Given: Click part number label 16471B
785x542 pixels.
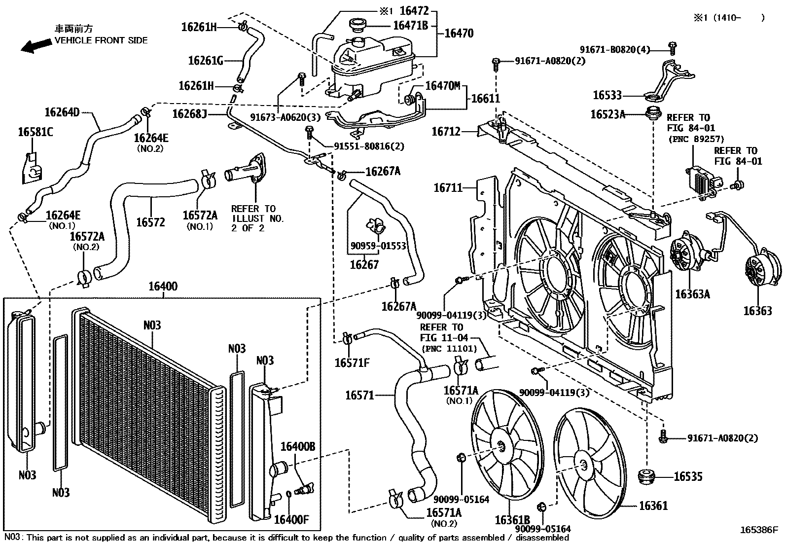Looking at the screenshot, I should (410, 25).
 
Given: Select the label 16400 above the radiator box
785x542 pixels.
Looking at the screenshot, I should (163, 287).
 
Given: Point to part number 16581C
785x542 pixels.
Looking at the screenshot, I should (36, 132).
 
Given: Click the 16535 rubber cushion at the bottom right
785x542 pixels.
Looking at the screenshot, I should (646, 477).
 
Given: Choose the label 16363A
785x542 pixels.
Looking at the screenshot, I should (692, 294).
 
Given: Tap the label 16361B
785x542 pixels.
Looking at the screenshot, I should (512, 520).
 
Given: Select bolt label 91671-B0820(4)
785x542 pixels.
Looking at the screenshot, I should (615, 49).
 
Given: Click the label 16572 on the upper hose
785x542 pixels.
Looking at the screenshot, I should (150, 222).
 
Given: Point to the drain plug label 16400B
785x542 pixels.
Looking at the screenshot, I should (298, 447).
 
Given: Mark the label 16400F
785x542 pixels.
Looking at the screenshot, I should (291, 520).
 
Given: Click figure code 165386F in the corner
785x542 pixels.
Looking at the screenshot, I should (758, 530).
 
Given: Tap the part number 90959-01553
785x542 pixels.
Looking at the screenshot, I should (378, 246).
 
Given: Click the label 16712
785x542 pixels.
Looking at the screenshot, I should (446, 132).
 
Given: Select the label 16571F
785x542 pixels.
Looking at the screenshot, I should (352, 363).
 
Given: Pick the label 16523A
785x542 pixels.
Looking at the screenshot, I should (607, 114).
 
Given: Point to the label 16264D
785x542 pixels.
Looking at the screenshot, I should (62, 112).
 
